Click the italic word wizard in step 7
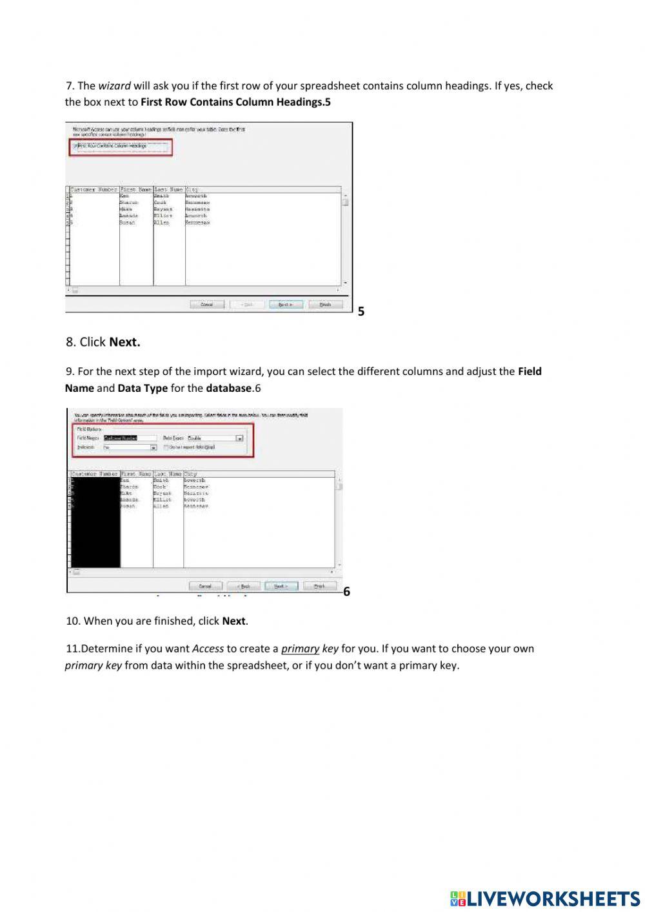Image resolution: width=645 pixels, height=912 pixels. (x=114, y=86)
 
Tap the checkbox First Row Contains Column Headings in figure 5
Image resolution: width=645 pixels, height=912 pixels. (x=75, y=147)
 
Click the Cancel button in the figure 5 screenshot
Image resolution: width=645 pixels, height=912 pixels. (x=207, y=305)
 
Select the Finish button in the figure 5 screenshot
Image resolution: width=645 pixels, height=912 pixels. (x=325, y=305)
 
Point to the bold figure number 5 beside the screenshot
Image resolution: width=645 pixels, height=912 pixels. (x=361, y=312)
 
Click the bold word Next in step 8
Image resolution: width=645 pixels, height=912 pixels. (x=124, y=342)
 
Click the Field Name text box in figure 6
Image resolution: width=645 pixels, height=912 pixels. (x=130, y=438)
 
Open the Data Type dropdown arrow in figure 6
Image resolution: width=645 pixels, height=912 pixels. (x=239, y=438)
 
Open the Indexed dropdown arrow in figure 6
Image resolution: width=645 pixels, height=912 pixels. (x=154, y=447)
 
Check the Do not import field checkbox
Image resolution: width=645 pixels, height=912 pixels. (x=166, y=447)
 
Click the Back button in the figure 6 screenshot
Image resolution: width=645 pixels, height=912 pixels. (x=243, y=586)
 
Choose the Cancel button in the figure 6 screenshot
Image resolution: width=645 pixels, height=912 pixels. (x=205, y=586)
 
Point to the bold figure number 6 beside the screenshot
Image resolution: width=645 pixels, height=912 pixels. (x=347, y=592)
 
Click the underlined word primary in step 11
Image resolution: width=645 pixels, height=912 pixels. (x=300, y=649)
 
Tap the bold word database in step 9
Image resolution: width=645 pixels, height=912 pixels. (x=228, y=389)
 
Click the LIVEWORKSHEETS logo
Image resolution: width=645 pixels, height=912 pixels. (x=545, y=898)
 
